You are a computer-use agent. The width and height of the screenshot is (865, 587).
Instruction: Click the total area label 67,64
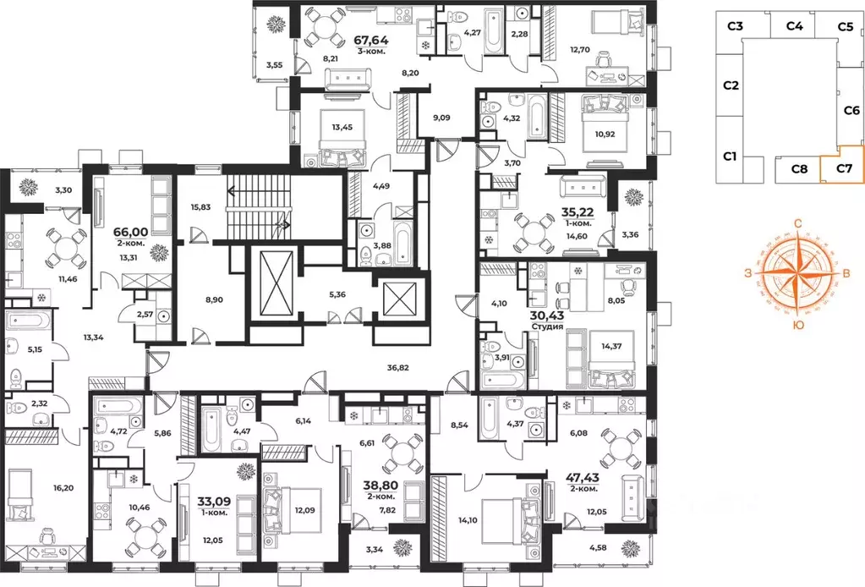pyautogui.click(x=371, y=41)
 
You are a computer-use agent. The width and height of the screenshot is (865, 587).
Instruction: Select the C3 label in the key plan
pyautogui.click(x=735, y=26)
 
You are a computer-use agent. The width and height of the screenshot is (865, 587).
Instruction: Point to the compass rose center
pyautogui.click(x=797, y=271)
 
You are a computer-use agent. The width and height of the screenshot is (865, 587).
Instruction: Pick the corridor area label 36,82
pyautogui.click(x=397, y=367)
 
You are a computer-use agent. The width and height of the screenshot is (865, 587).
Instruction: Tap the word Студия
pyautogui.click(x=547, y=326)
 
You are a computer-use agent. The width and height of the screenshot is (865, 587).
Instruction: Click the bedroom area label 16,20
pyautogui.click(x=63, y=488)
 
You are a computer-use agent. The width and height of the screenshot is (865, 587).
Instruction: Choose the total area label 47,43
pyautogui.click(x=583, y=477)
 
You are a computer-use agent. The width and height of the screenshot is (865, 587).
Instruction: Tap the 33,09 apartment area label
pyautogui.click(x=213, y=502)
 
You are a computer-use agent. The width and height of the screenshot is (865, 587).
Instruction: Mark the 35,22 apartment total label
pyautogui.click(x=577, y=211)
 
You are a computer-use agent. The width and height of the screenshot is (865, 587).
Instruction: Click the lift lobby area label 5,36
pyautogui.click(x=337, y=294)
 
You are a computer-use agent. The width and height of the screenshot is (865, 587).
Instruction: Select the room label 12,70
pyautogui.click(x=580, y=50)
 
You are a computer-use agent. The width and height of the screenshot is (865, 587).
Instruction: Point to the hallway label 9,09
pyautogui.click(x=441, y=118)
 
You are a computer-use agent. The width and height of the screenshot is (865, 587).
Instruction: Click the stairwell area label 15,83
pyautogui.click(x=200, y=207)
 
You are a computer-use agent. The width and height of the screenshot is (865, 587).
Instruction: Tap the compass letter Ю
pyautogui.click(x=797, y=326)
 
